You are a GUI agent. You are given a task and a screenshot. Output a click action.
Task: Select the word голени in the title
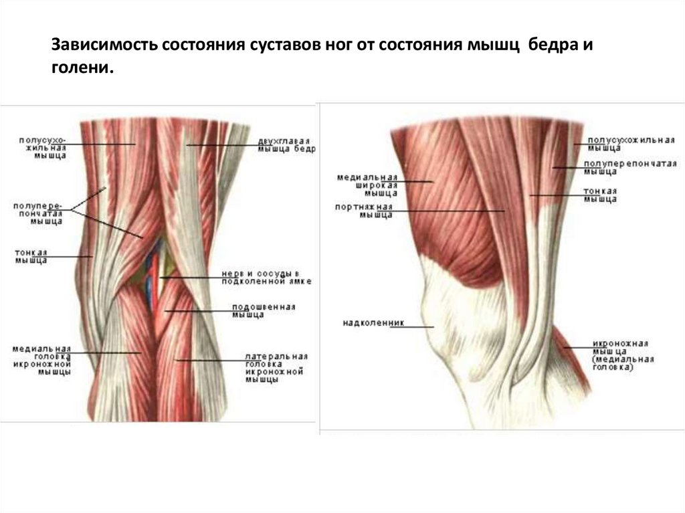pos(79,69)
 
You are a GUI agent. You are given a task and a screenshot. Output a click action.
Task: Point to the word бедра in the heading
pos(553,47)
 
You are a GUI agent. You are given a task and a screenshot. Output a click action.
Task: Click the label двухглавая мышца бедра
pos(285,145)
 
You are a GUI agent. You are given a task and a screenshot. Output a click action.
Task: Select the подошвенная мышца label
pos(263,311)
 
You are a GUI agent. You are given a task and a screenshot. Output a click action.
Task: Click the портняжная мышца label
pos(364,211)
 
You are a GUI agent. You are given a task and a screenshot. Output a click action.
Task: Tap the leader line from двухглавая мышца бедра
pos(221,145)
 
